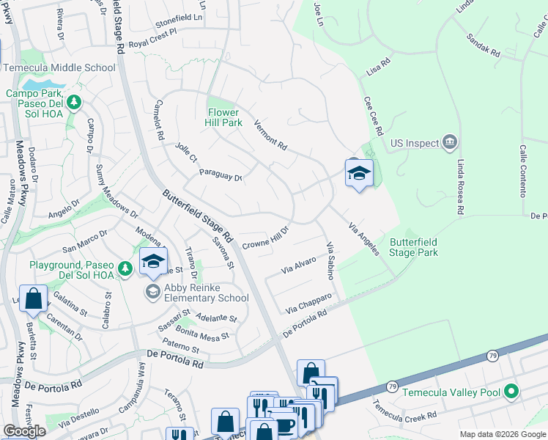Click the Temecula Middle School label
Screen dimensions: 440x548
[59, 67]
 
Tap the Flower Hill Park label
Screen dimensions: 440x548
[223, 117]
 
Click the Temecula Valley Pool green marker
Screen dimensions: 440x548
[511, 392]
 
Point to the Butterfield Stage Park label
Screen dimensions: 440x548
[414, 247]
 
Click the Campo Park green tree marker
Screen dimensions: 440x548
[73, 104]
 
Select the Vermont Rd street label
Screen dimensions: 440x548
[270, 134]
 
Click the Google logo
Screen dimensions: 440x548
[24, 431]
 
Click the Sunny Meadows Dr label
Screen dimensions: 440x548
[117, 191]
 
